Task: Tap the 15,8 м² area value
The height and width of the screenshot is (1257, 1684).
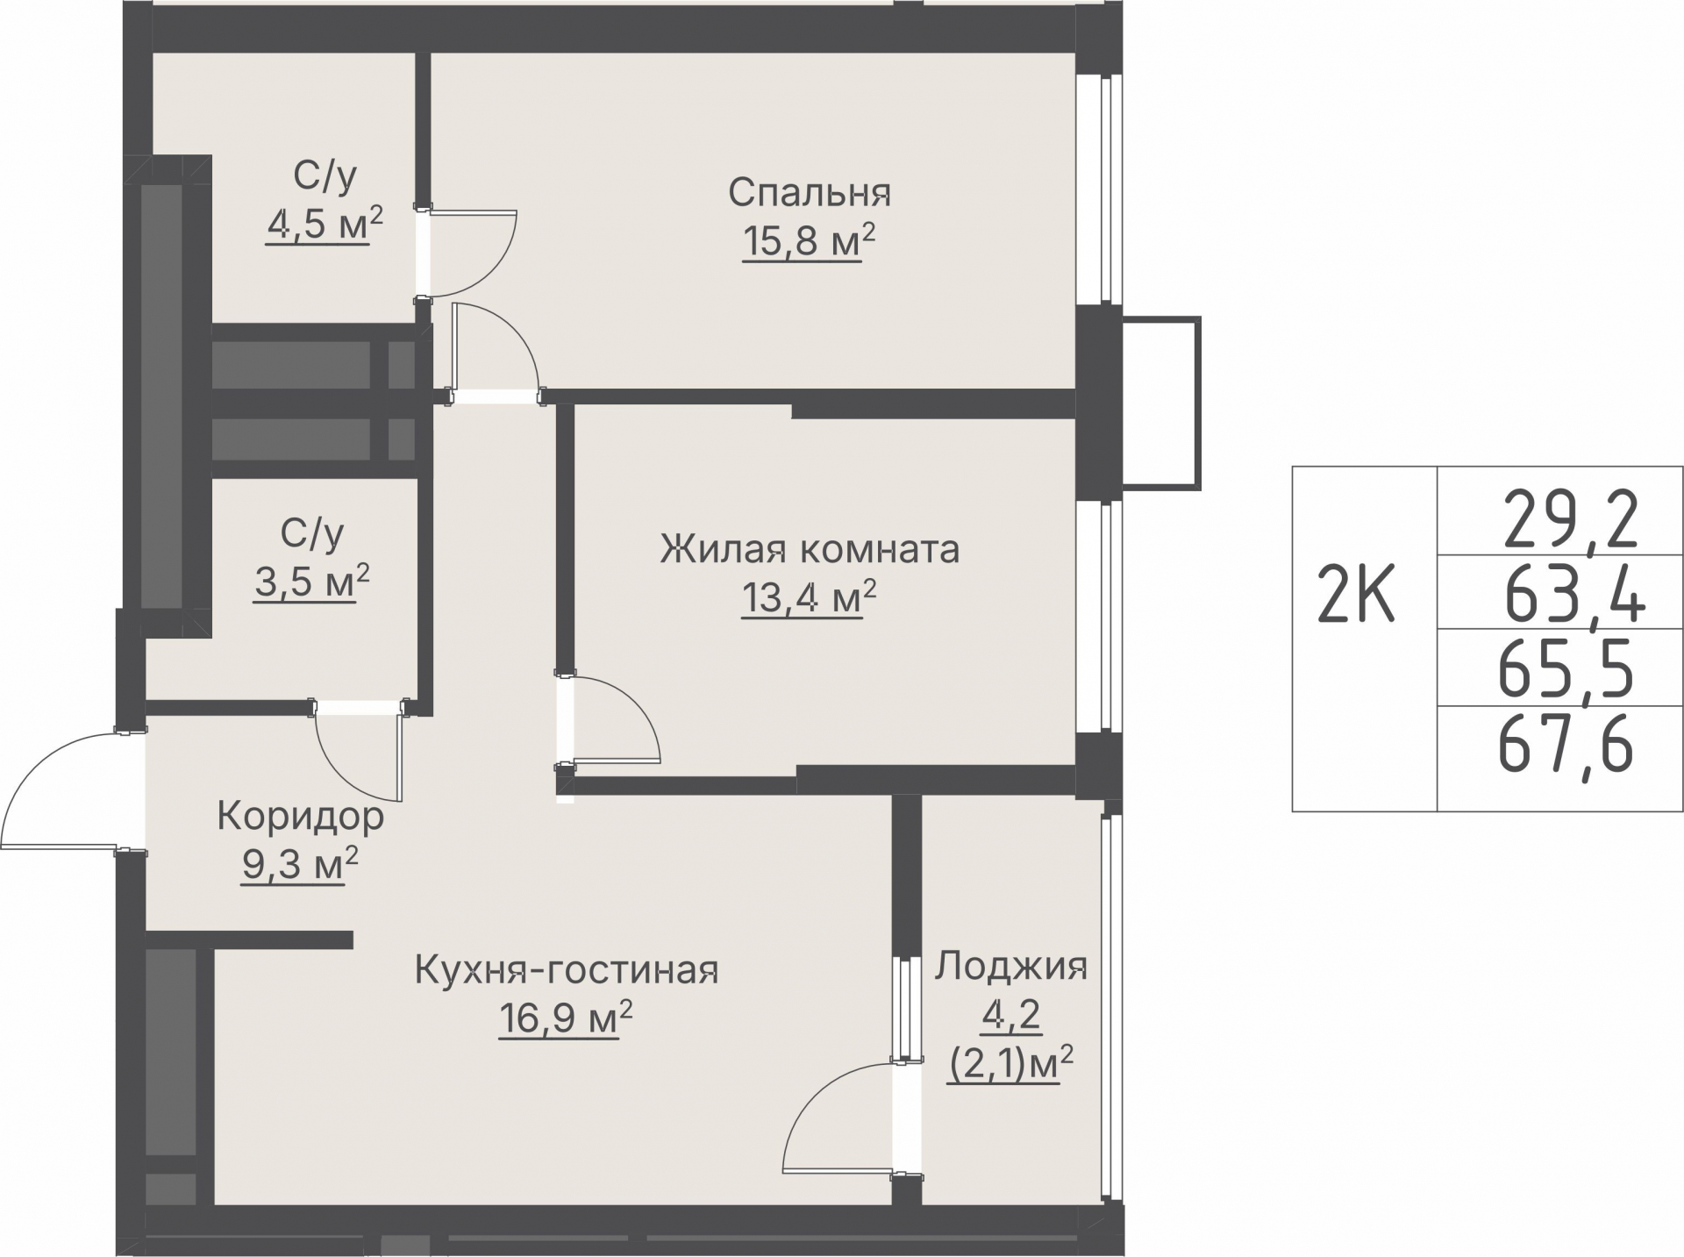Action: [810, 241]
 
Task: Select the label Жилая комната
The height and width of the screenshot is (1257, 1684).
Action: [810, 551]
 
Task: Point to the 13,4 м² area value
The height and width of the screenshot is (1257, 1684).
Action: [810, 599]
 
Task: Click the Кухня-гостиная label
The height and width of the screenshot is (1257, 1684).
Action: [566, 971]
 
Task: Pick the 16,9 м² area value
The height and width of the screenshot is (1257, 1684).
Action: [566, 1019]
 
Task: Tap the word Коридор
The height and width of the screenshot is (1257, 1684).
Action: [300, 817]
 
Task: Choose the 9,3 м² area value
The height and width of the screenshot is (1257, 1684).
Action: [300, 865]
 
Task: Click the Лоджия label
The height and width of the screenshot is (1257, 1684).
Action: [1011, 967]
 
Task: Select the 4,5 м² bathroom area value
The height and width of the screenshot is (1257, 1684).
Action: [325, 225]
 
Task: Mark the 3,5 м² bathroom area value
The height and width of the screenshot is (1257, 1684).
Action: [312, 582]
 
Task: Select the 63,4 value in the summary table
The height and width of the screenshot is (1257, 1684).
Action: [1573, 595]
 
